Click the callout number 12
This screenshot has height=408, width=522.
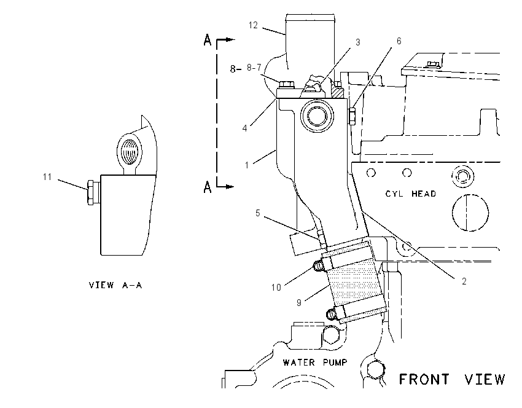253,25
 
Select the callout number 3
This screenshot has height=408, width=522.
358,42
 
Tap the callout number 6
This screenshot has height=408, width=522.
399,41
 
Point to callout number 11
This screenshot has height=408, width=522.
47,176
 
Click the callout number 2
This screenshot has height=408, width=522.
464,281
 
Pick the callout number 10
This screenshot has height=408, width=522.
276,287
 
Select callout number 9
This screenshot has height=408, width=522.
299,302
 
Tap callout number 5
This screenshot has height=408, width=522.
258,213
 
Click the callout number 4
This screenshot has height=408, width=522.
244,128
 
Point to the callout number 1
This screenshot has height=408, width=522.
247,165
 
